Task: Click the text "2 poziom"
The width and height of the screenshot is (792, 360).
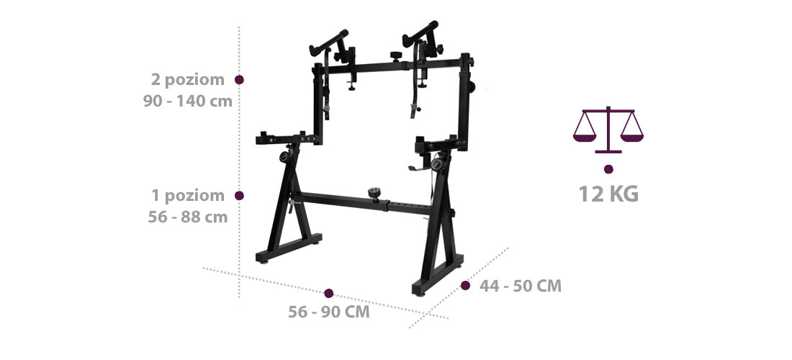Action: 187,80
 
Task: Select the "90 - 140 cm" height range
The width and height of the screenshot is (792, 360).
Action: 187,101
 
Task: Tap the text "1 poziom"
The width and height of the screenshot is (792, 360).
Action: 187,195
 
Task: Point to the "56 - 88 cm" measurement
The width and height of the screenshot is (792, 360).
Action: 187,217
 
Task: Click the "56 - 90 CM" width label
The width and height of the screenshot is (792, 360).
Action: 329,312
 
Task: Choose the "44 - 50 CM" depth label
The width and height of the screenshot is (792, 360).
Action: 521,286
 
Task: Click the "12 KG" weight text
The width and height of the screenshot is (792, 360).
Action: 608,194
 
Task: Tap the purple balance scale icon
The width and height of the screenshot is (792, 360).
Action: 608,130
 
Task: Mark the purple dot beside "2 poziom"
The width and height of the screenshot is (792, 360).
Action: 240,80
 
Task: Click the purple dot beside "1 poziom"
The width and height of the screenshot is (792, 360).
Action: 240,195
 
